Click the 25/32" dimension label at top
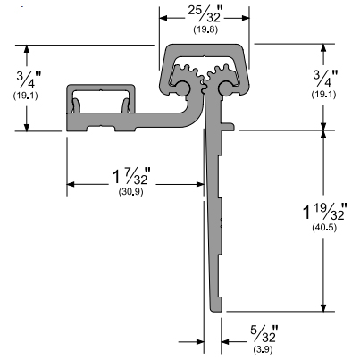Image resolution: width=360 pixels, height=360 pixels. pos(205,15)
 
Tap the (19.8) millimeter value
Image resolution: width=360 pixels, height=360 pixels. pos(205,29)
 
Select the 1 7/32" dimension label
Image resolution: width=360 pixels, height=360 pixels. pos(132,177)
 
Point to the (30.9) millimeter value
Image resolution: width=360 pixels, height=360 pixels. pos(131,192)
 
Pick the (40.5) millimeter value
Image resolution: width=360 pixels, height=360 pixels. pos(324,228)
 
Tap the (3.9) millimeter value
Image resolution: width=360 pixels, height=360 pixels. pos(264,349)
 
